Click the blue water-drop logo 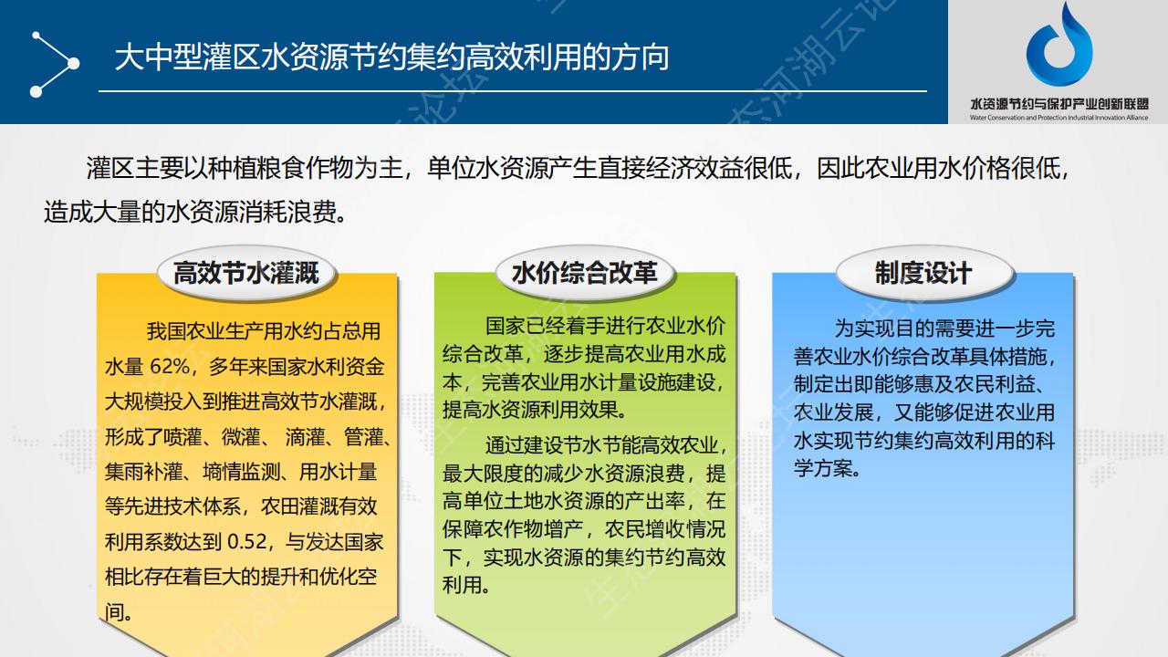tap(1059, 45)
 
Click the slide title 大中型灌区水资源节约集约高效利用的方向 tap(392, 57)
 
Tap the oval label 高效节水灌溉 tap(246, 273)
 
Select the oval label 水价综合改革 tap(585, 273)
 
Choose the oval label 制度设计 tap(923, 273)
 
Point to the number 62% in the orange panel tap(170, 367)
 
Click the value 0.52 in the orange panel tap(247, 542)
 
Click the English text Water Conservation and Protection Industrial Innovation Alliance tap(1059, 118)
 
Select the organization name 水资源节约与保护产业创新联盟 tap(1059, 104)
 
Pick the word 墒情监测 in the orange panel tap(242, 472)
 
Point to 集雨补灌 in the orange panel tap(143, 472)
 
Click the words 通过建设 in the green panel tap(524, 445)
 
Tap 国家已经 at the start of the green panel tap(524, 326)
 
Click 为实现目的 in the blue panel tap(884, 328)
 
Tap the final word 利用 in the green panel tap(462, 585)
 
